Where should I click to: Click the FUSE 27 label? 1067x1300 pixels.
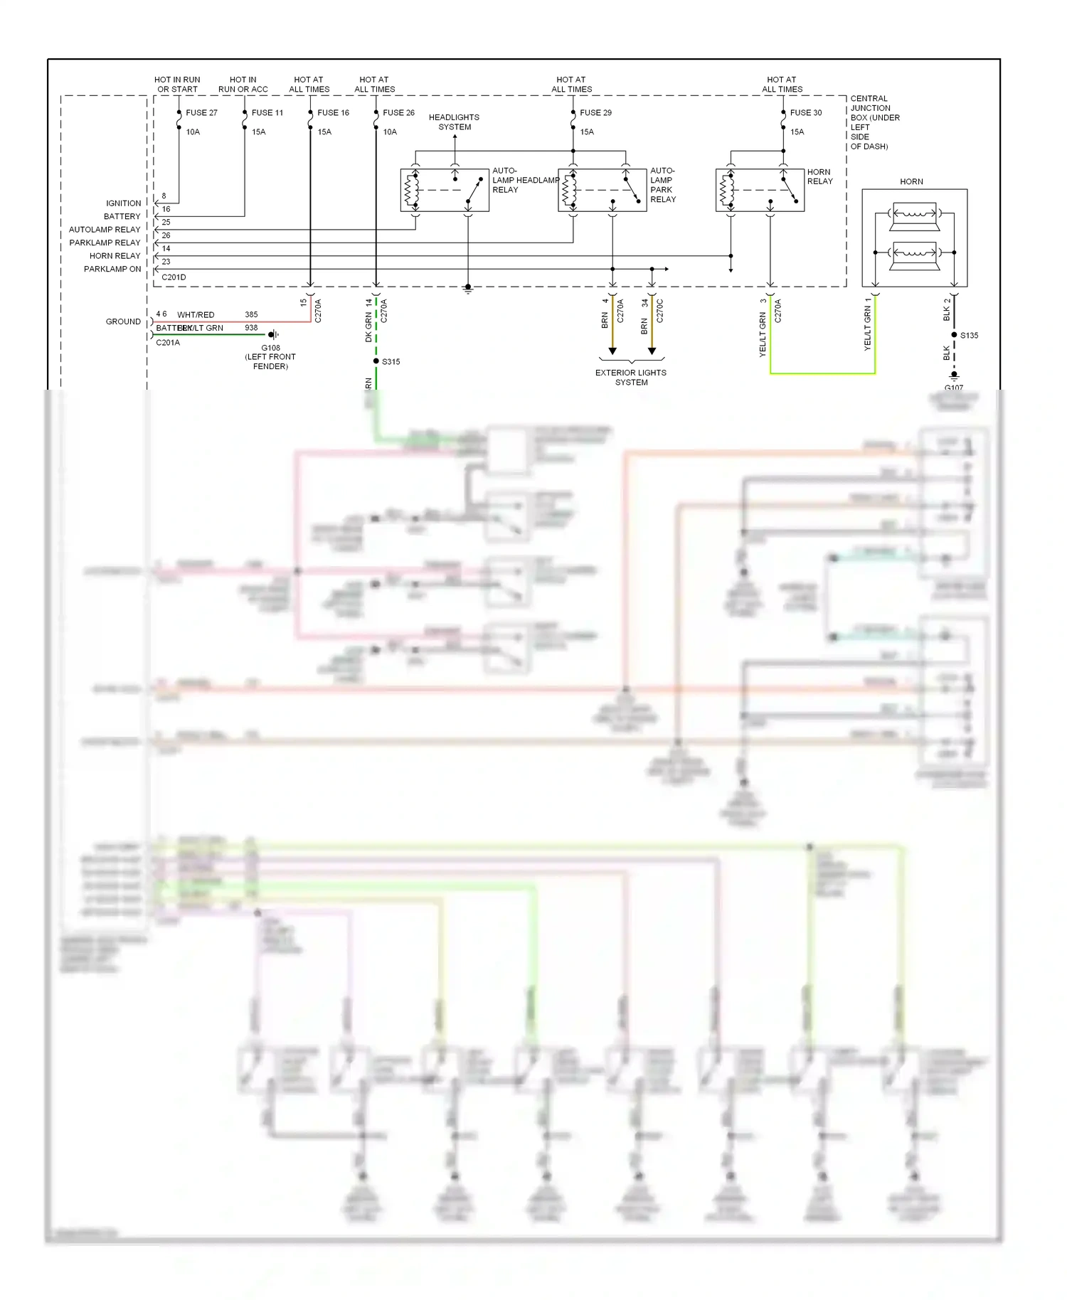201,112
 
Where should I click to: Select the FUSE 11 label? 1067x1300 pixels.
267,112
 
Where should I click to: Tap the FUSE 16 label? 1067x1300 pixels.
333,112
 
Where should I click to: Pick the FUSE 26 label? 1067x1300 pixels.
398,112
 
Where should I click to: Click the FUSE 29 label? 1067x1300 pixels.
595,112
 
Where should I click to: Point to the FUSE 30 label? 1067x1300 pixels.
805,112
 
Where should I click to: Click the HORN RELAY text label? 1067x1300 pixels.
819,176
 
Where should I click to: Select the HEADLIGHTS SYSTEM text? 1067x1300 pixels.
454,122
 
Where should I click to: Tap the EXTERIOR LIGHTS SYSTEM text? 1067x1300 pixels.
631,377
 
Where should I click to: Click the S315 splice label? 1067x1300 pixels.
391,361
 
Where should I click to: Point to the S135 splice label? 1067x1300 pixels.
969,335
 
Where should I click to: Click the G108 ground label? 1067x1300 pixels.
270,348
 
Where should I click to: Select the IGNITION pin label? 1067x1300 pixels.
123,203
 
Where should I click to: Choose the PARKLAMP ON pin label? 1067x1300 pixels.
112,269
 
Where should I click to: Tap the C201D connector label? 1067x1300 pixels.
174,277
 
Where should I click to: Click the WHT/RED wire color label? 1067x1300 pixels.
196,314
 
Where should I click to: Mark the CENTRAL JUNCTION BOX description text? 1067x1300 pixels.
874,122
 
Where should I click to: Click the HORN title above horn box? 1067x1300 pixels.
911,181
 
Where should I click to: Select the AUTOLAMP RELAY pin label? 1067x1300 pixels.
105,230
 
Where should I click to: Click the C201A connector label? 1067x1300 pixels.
168,342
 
